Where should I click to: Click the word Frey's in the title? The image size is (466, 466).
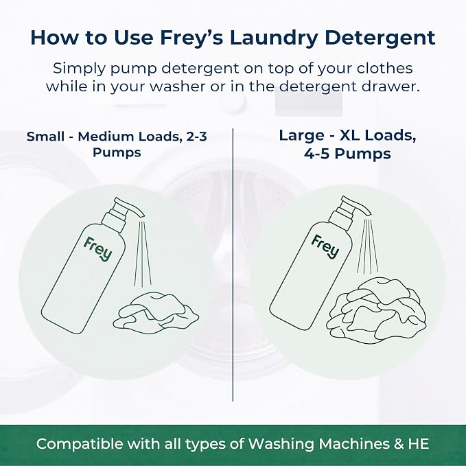(x=191, y=38)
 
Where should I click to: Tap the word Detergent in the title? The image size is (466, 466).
(x=380, y=38)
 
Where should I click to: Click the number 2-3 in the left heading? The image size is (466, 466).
(x=197, y=137)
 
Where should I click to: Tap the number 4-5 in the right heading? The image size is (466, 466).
(x=317, y=154)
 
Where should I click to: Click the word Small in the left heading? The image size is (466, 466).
(x=45, y=137)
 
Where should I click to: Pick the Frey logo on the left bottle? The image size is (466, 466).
(x=97, y=249)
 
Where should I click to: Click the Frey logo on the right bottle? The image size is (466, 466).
(x=325, y=246)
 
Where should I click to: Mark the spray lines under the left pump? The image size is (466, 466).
(x=143, y=253)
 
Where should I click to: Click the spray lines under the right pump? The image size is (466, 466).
(x=367, y=246)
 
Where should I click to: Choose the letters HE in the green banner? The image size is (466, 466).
(x=419, y=444)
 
